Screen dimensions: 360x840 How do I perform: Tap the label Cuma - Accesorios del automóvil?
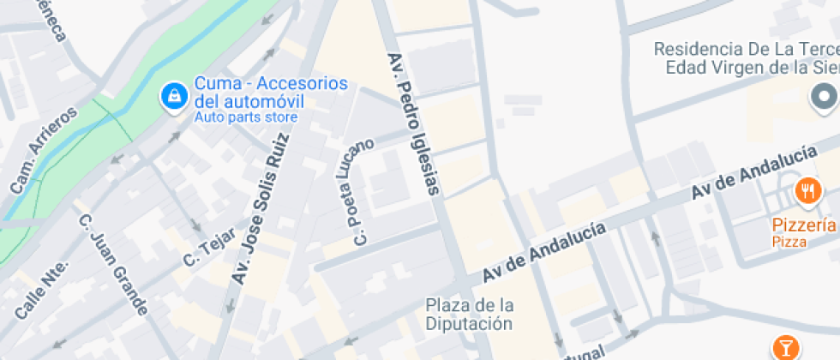point(271,92)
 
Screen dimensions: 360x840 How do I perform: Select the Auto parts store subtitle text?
point(245,117)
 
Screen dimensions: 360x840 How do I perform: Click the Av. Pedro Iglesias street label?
point(414,124)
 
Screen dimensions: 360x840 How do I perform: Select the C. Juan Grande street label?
point(113,264)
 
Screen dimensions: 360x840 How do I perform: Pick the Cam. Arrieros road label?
point(43,150)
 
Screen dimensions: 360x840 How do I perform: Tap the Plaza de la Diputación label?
point(470,315)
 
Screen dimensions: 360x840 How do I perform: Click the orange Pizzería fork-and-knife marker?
point(807,190)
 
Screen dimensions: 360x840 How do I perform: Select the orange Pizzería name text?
point(804,225)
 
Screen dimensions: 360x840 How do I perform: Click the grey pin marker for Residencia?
point(824,95)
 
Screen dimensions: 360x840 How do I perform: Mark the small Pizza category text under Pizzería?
point(789,243)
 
